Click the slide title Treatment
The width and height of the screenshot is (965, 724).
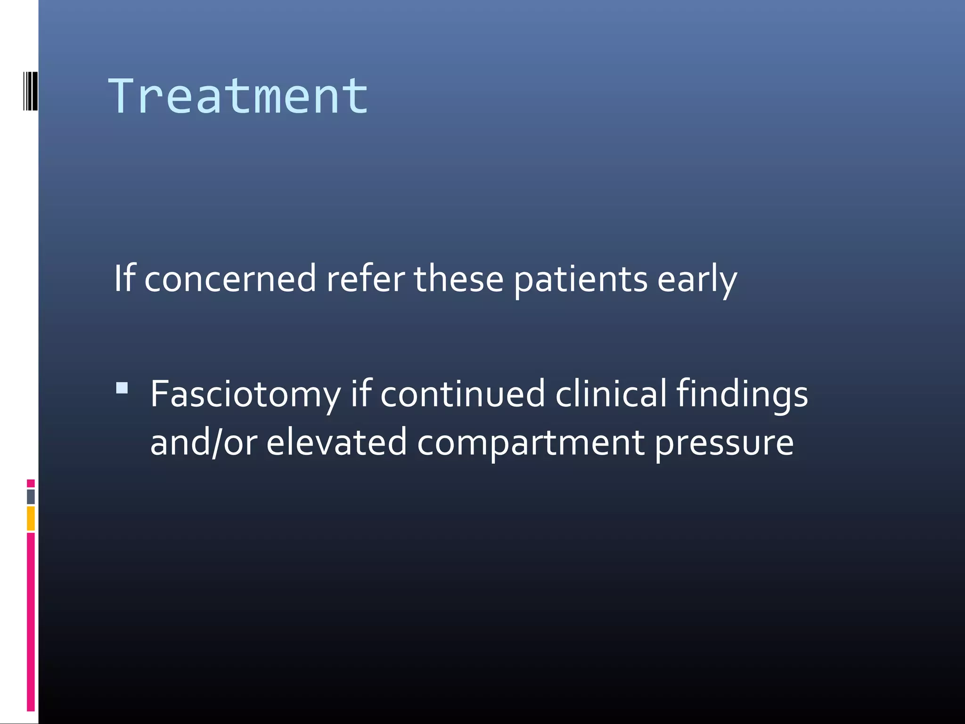pos(238,97)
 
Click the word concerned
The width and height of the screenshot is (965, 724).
pos(229,279)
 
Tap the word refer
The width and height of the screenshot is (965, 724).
pos(365,279)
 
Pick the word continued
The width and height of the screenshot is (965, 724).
pos(462,394)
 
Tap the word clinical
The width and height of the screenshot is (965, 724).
pos(611,394)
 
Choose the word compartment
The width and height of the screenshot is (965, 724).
pos(531,444)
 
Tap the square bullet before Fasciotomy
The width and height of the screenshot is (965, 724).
pos(122,388)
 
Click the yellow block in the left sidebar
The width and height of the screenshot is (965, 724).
pos(31,518)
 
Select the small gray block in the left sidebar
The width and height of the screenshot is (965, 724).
pos(31,496)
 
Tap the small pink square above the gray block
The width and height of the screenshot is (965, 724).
pos(31,483)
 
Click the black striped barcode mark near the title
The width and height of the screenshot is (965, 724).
pos(30,91)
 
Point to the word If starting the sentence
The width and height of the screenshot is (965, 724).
pos(125,279)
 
